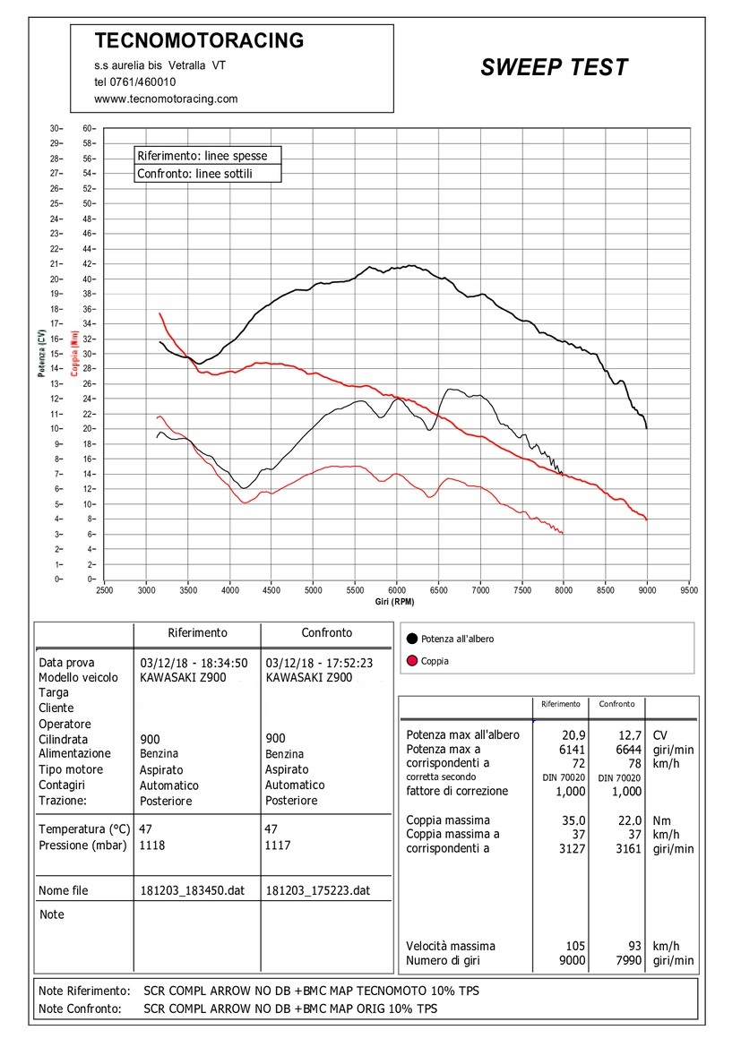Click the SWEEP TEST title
click(x=554, y=67)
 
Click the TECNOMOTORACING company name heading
click(x=199, y=40)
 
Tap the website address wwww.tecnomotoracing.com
click(x=166, y=99)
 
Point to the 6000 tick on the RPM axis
click(x=397, y=590)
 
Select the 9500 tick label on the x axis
click(x=689, y=590)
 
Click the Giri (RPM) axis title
click(x=394, y=602)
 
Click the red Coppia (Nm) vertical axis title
click(x=74, y=353)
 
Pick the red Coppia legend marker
click(x=411, y=661)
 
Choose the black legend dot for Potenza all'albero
click(x=411, y=639)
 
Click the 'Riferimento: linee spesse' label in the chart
click(x=202, y=156)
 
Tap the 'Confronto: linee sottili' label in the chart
click(x=194, y=174)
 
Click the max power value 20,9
click(x=573, y=735)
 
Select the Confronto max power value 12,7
click(x=629, y=735)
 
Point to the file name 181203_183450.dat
click(x=193, y=890)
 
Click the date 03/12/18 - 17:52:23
click(x=319, y=663)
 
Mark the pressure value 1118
click(x=151, y=845)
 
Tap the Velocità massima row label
click(x=451, y=946)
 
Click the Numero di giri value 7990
click(x=629, y=961)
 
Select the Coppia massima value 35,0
click(x=573, y=820)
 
